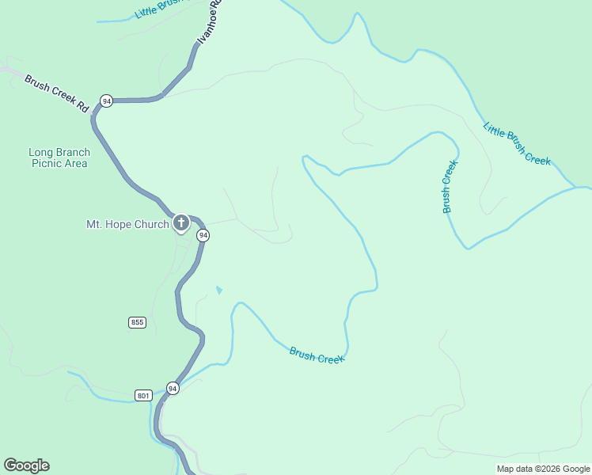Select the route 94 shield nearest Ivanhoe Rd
point(106,101)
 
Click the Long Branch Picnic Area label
point(59,158)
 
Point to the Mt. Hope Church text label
point(127,224)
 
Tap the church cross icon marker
point(180,222)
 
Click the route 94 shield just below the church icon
point(203,236)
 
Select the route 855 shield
point(137,321)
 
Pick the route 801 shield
point(143,395)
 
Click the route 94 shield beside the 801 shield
point(173,388)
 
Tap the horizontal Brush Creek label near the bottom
point(317,355)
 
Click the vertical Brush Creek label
point(448,187)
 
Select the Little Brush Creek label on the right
point(516,143)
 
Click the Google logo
point(26,465)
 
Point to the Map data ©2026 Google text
point(543,469)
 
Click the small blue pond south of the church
point(218,291)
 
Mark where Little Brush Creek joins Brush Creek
point(576,189)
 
